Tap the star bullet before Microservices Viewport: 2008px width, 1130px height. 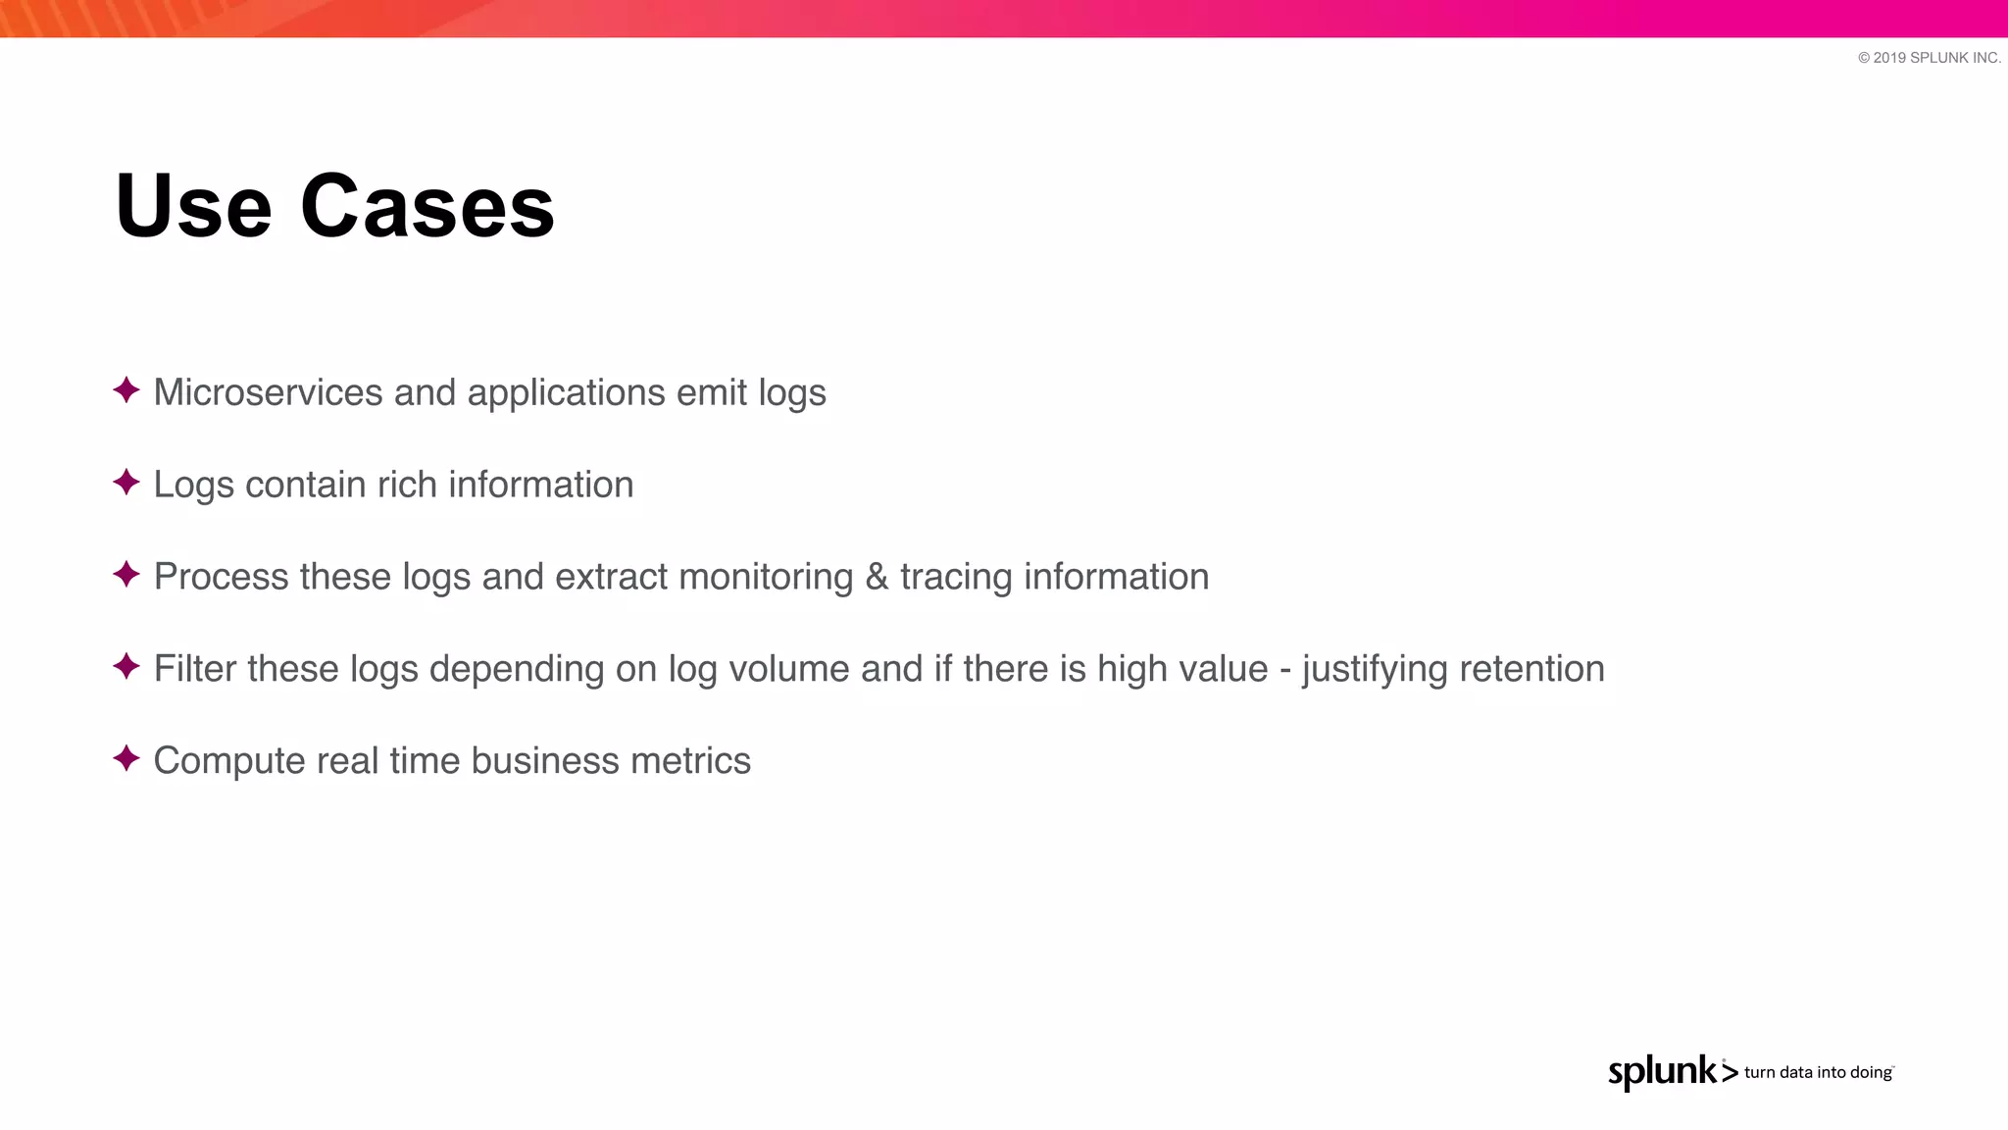[x=126, y=390]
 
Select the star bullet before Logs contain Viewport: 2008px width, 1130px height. [x=126, y=483]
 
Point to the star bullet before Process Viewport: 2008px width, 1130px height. [x=126, y=575]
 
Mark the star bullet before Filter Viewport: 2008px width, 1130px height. [x=126, y=667]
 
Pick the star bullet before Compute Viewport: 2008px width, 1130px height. [x=126, y=759]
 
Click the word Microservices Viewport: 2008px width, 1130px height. [x=268, y=392]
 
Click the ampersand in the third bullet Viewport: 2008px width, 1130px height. [x=877, y=577]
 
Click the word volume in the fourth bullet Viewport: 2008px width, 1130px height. [x=789, y=669]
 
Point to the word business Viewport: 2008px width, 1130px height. [x=531, y=761]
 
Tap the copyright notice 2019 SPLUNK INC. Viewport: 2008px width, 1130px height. [x=1929, y=58]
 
